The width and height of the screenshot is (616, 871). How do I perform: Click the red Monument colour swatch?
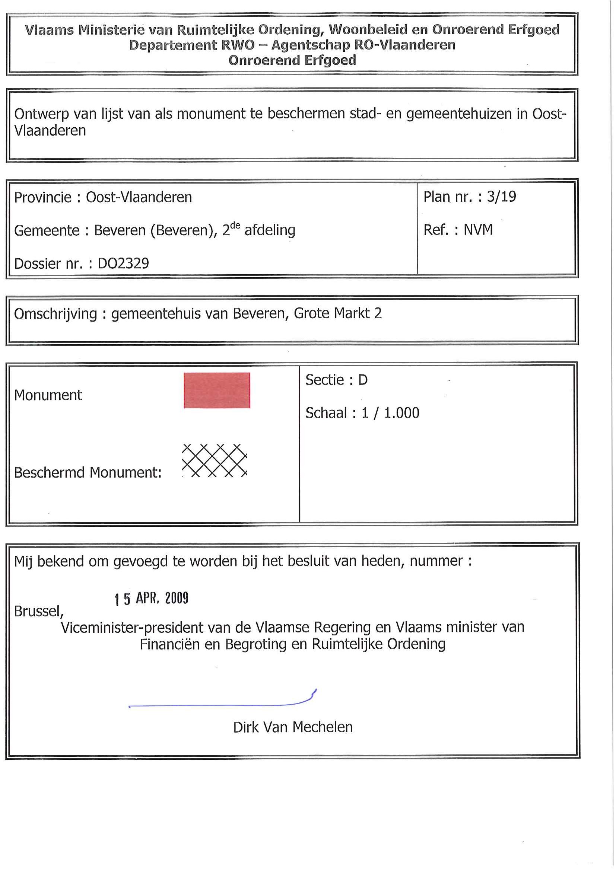coord(217,390)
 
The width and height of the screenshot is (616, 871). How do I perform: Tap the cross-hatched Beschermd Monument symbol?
coord(215,460)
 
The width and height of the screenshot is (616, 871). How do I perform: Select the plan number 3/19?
coord(501,197)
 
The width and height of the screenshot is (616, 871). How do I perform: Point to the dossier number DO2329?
coord(123,263)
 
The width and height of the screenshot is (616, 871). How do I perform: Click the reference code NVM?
coord(478,230)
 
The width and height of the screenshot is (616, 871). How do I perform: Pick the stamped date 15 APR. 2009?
coord(152,598)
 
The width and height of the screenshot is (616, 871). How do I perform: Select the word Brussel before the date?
coord(38,611)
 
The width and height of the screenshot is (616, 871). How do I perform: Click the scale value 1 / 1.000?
coord(390,413)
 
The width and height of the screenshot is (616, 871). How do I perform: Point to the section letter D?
coord(363,380)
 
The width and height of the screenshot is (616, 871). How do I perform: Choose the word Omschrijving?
coord(55,314)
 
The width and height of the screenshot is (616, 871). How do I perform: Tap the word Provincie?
coord(42,197)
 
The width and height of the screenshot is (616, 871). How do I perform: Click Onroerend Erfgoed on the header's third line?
coord(292,60)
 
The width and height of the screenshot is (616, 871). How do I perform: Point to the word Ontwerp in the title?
coord(41,114)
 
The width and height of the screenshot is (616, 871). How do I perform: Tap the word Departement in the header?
coord(173,45)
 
